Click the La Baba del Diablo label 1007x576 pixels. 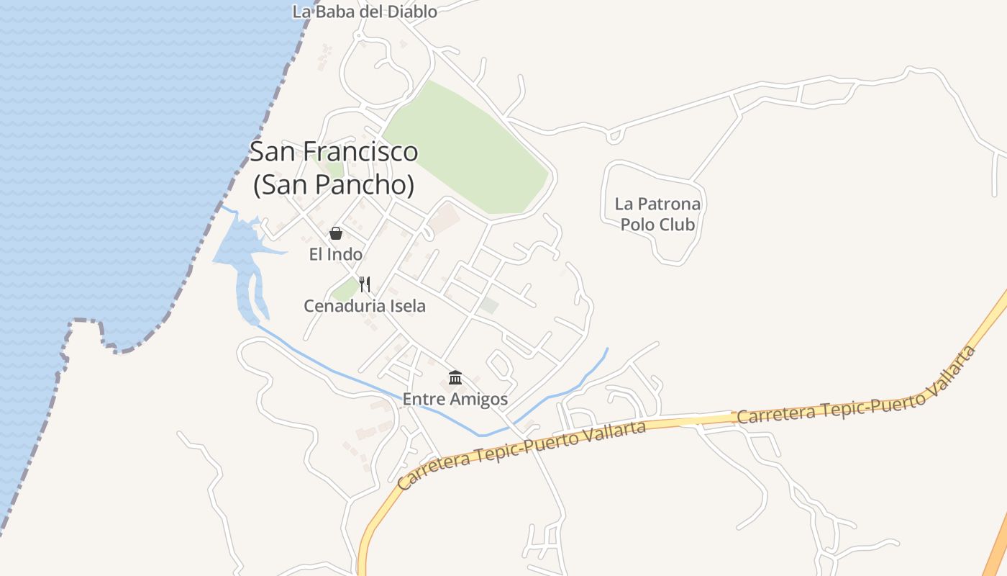(365, 11)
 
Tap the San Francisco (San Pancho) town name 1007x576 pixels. (334, 168)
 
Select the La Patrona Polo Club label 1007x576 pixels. (657, 214)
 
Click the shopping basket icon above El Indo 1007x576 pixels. (335, 233)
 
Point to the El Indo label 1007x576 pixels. (336, 254)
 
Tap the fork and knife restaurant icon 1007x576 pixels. (365, 284)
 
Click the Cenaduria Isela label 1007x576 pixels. (365, 306)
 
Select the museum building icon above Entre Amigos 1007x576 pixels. (455, 377)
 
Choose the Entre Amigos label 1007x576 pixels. (455, 399)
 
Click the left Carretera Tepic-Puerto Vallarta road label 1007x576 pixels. (521, 456)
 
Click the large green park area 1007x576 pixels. (468, 151)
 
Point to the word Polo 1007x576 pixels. (637, 225)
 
